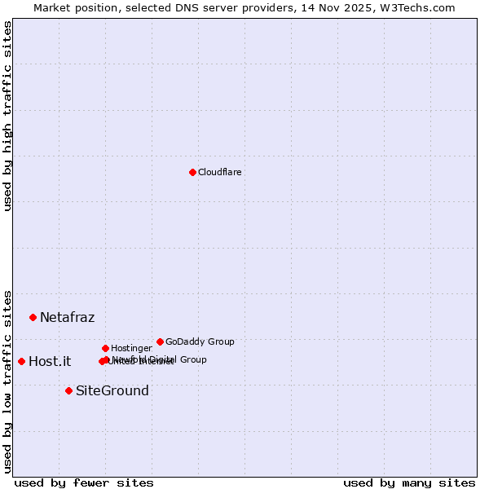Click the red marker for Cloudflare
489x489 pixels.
[x=192, y=172]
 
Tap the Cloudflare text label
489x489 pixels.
[x=219, y=172]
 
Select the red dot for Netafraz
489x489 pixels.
[x=33, y=317]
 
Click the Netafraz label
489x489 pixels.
[x=67, y=317]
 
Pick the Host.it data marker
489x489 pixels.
[x=21, y=361]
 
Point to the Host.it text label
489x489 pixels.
[x=50, y=361]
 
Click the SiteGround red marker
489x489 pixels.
[x=68, y=390]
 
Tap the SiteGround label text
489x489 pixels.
[x=112, y=390]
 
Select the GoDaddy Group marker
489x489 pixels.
[x=160, y=341]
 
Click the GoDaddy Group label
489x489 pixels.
[x=200, y=341]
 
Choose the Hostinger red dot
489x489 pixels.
[x=105, y=348]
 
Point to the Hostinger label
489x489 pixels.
[x=131, y=348]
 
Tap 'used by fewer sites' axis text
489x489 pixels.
[x=84, y=482]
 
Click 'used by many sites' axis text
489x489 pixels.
[x=409, y=482]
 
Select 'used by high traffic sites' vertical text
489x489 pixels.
[x=7, y=117]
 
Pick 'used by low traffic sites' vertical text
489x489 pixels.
[x=7, y=381]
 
